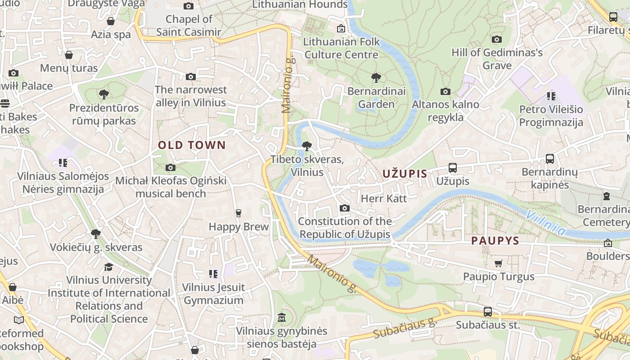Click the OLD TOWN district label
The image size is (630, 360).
[191, 145]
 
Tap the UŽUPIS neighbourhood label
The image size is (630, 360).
[405, 174]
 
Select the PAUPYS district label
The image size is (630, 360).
[495, 241]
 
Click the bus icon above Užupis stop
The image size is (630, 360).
[453, 168]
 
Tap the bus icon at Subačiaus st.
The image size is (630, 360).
[487, 311]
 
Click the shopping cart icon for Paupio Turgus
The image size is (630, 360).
[498, 263]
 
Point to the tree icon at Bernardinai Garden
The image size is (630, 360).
[376, 78]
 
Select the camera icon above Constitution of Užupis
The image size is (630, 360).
[345, 208]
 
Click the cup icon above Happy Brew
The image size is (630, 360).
[238, 213]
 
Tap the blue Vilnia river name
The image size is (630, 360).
[545, 222]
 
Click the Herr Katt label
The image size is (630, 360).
[384, 198]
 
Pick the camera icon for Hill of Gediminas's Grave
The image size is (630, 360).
[497, 39]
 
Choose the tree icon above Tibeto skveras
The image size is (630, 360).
[307, 146]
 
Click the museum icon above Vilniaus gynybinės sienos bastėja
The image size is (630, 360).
[282, 317]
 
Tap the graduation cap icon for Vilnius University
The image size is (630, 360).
[108, 267]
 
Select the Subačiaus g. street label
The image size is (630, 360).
[405, 328]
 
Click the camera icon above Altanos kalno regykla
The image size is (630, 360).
[445, 91]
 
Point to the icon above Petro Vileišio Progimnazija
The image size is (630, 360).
[551, 96]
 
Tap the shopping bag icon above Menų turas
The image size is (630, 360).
[69, 55]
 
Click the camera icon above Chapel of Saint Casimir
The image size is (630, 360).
[189, 6]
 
